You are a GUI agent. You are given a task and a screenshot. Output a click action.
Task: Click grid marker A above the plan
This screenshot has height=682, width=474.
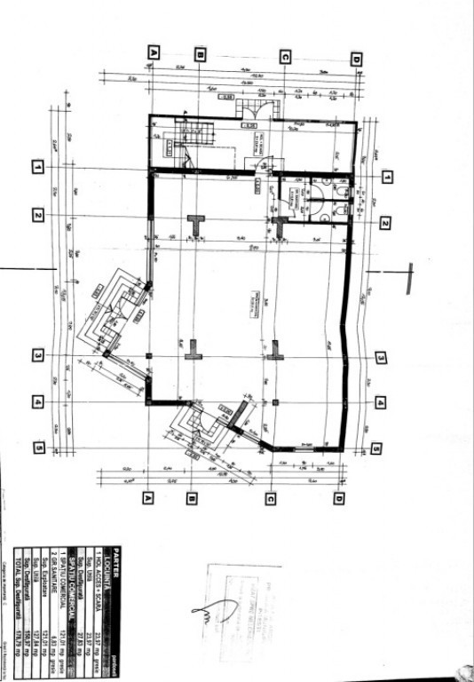153,53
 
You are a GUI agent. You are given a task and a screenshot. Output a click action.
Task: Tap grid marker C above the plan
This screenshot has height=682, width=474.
284,55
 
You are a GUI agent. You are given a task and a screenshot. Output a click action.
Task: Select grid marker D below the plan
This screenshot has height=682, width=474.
339,499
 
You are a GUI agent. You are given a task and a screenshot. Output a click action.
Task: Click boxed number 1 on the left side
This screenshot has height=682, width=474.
38,166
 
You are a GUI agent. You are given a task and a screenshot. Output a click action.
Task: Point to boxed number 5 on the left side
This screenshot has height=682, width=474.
39,448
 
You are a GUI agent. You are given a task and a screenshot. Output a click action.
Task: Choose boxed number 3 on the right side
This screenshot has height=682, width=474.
380,359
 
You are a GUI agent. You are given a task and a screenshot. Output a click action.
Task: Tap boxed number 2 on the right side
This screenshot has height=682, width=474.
385,224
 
